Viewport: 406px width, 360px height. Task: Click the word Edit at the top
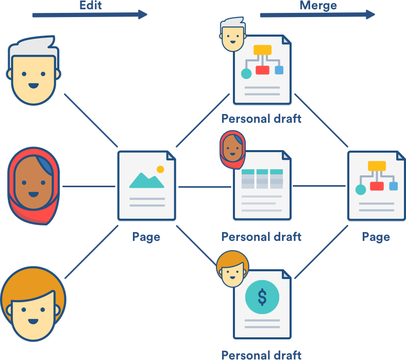(x=91, y=6)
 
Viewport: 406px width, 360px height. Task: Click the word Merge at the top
(x=318, y=6)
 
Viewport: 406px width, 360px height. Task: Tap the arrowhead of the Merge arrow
(x=370, y=14)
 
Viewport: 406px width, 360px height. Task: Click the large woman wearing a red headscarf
(x=33, y=185)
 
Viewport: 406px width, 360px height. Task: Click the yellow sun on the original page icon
(x=160, y=169)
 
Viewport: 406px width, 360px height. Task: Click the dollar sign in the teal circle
(x=262, y=297)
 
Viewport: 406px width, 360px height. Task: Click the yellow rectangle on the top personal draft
(x=263, y=51)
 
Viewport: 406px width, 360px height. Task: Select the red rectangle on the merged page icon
(x=377, y=186)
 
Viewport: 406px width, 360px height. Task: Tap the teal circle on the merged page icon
(x=361, y=190)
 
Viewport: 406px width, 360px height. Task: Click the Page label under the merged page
(x=376, y=237)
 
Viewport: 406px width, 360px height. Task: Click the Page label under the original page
(x=146, y=237)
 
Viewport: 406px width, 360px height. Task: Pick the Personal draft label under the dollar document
(x=261, y=355)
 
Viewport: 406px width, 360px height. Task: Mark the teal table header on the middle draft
(x=262, y=172)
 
